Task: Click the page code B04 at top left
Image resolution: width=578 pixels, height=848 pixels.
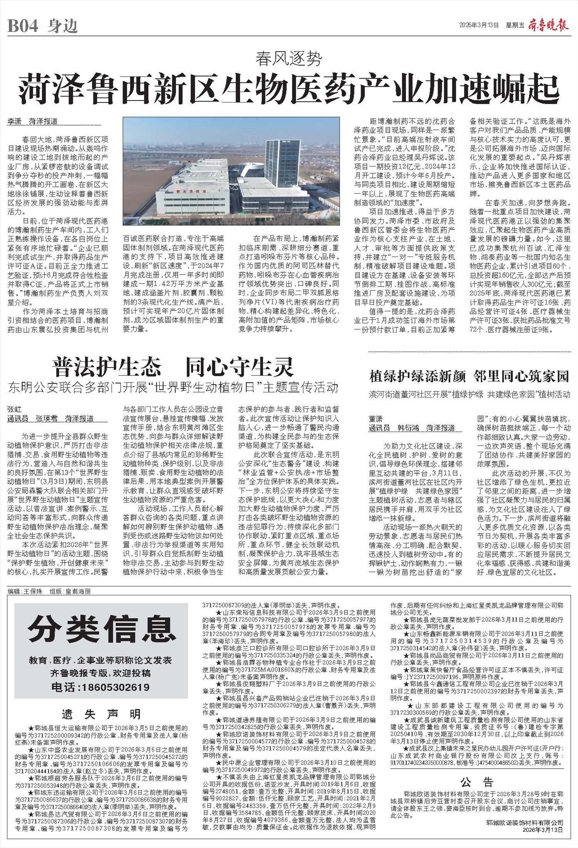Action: click(x=23, y=26)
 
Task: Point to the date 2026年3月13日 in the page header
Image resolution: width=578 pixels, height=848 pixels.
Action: click(x=479, y=26)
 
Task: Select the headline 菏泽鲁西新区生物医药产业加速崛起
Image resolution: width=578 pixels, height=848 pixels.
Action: click(x=289, y=87)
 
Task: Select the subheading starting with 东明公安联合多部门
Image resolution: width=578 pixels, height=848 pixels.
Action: click(x=173, y=387)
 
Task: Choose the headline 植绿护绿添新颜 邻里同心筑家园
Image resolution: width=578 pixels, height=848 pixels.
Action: click(x=469, y=376)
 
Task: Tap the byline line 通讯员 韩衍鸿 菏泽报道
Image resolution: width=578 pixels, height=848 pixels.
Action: click(x=412, y=428)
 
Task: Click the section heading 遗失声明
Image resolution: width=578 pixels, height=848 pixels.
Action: click(x=101, y=714)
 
